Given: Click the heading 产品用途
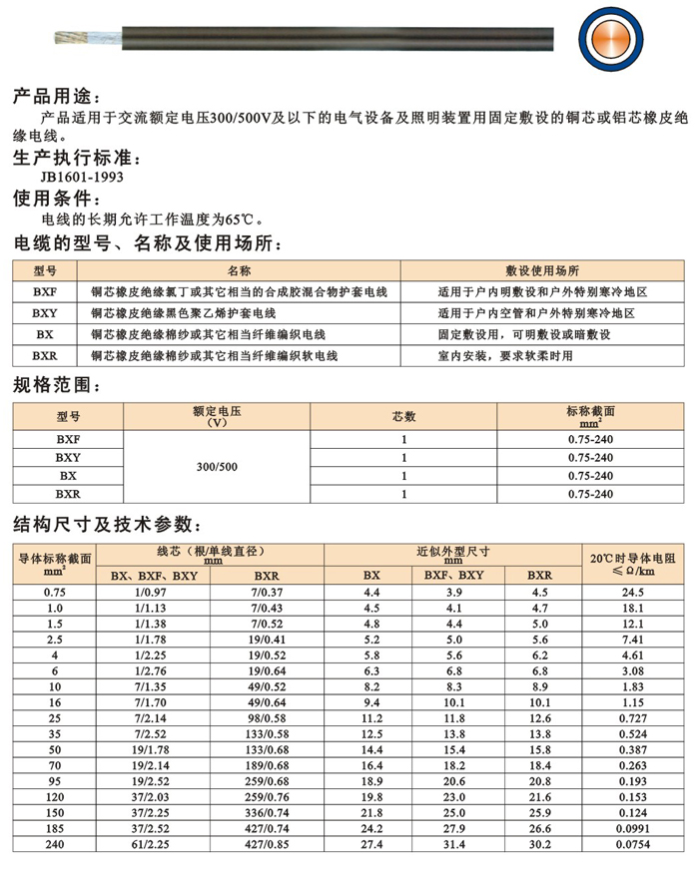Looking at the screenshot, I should (54, 98).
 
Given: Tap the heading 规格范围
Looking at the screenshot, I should (54, 384).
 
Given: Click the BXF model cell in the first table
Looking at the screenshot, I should (45, 292).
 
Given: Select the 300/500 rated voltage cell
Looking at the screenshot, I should (218, 467).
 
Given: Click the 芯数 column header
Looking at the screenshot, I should (403, 415).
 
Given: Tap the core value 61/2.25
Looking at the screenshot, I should (153, 847).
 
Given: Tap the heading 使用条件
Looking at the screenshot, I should (54, 198).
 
